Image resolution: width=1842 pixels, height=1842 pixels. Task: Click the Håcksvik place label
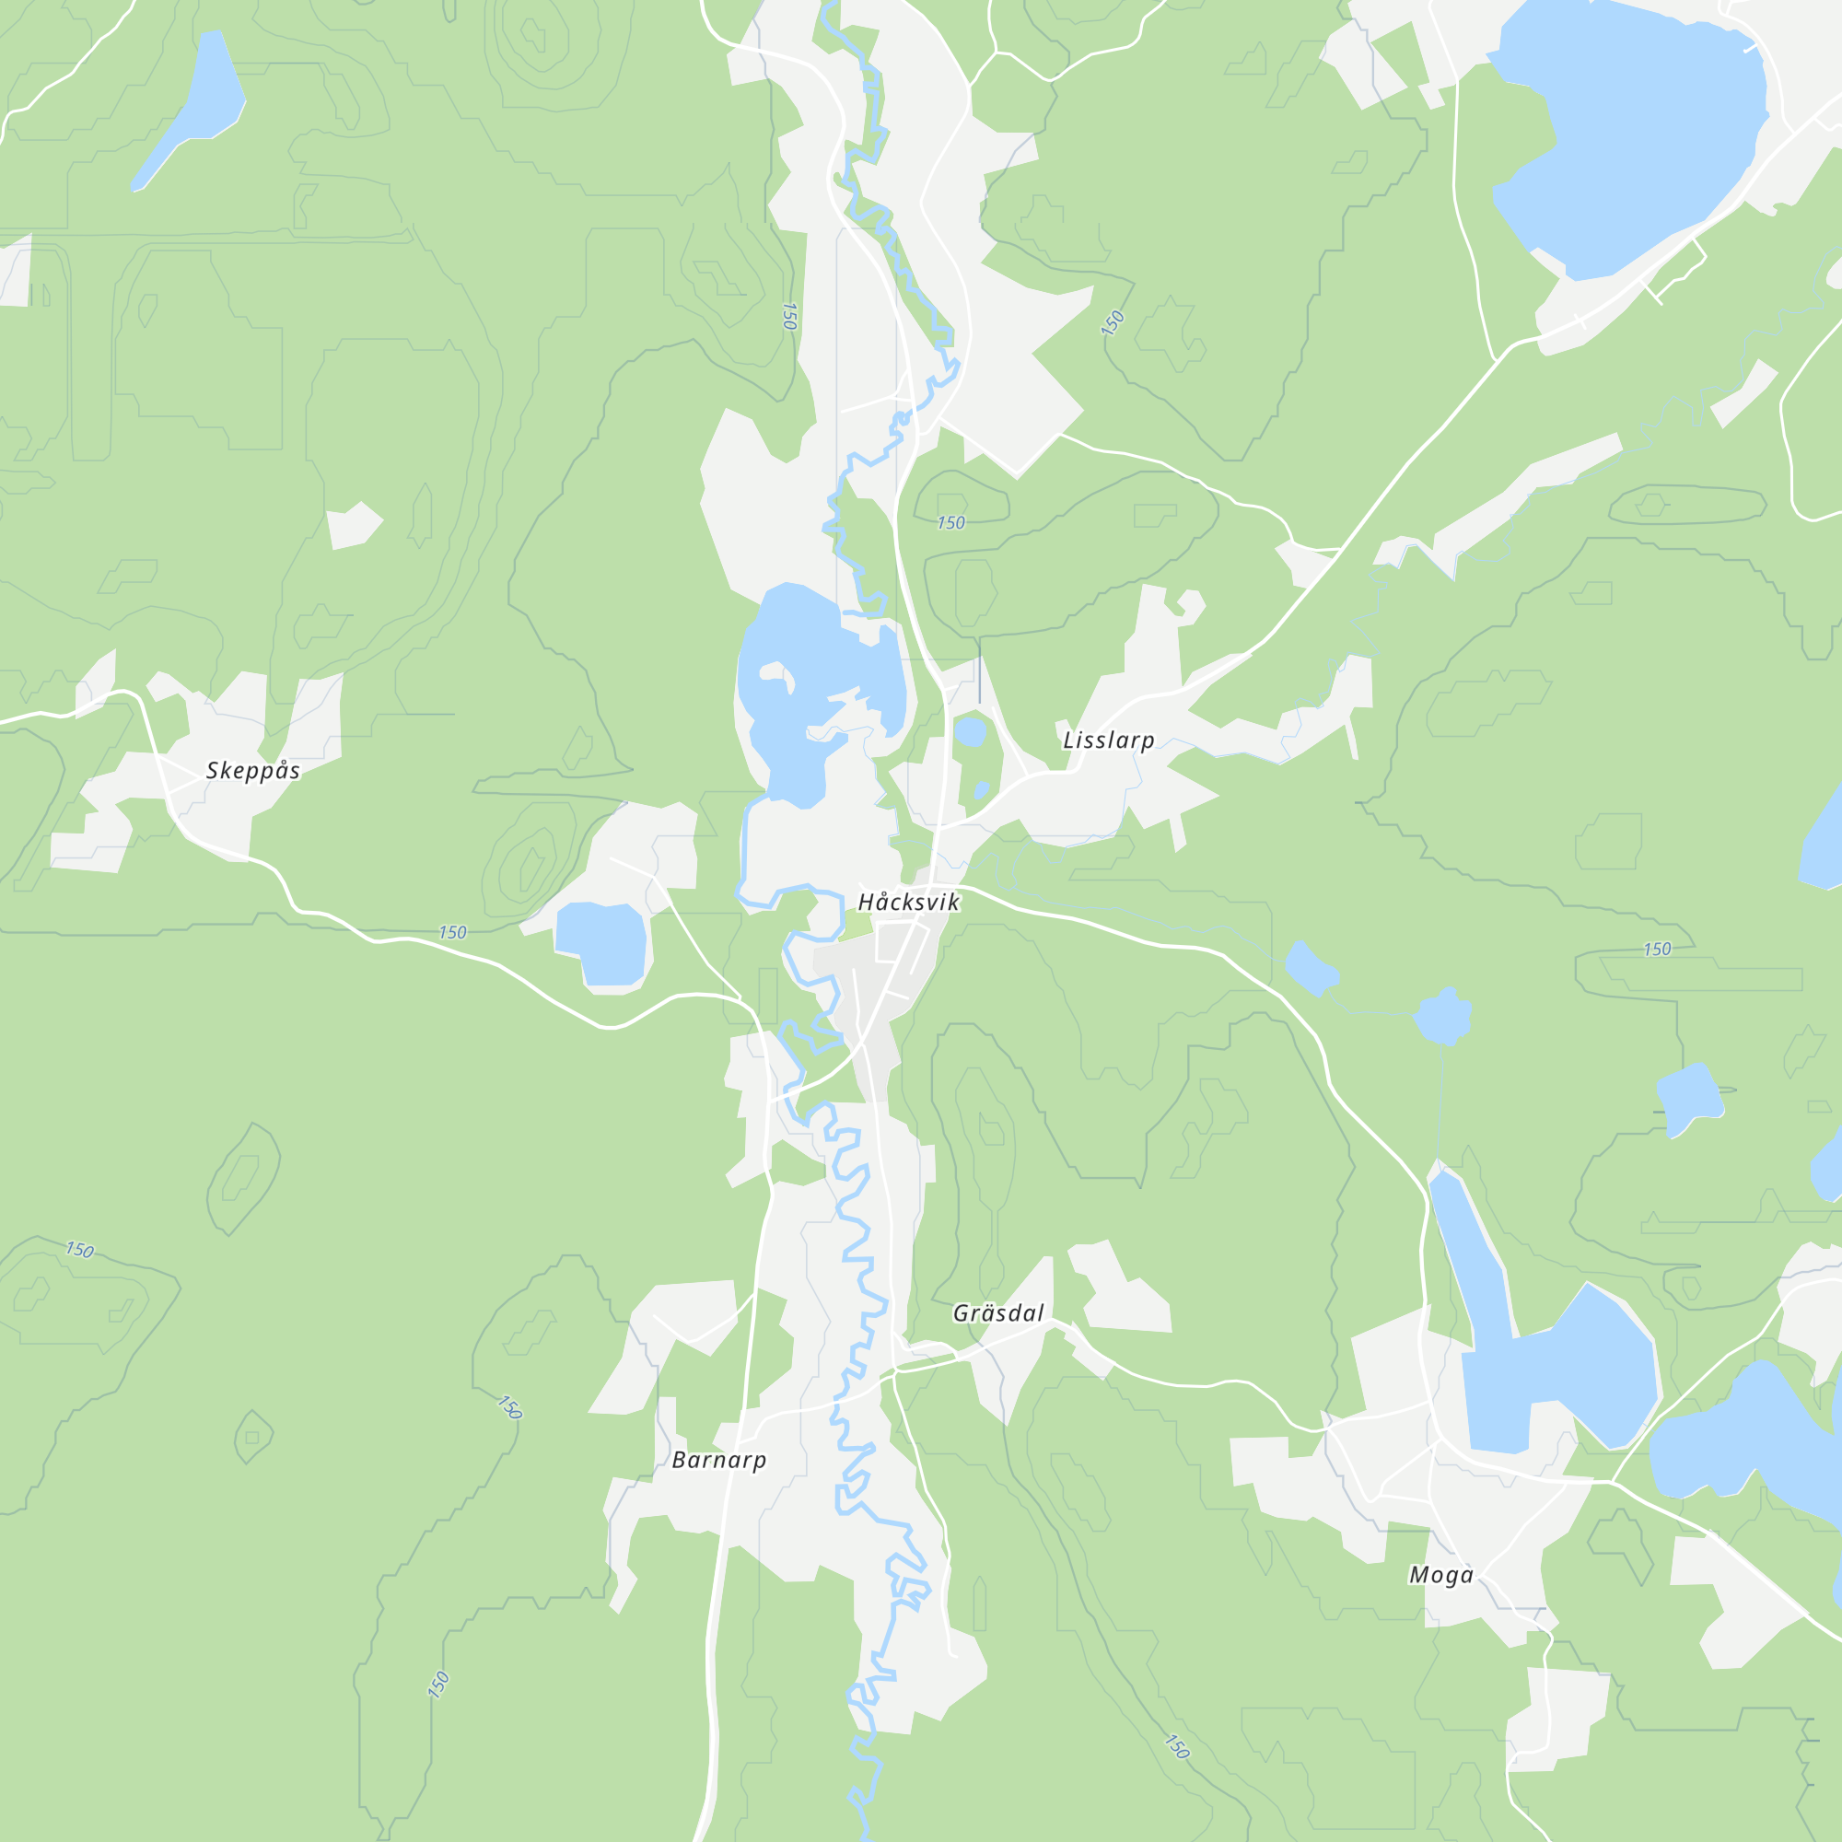pos(908,901)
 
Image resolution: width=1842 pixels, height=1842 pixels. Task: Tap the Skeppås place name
pos(252,770)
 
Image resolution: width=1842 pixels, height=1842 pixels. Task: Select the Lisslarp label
pos(1108,740)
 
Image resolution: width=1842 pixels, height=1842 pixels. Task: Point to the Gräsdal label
pos(998,1312)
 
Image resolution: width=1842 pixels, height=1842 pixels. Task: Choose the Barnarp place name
pos(719,1460)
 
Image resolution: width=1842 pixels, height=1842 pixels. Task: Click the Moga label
pos(1440,1574)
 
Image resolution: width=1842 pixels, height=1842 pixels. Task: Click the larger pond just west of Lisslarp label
pos(971,731)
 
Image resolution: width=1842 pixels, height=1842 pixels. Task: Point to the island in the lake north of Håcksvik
pos(777,675)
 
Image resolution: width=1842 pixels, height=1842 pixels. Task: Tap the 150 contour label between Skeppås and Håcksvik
pos(452,931)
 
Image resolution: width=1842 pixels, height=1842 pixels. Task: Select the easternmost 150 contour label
pos(1657,949)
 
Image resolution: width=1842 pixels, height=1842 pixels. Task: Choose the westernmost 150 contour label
pos(79,1249)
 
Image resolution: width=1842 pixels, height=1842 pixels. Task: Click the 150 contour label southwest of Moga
pos(1176,1746)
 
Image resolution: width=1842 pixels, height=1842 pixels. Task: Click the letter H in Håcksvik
pos(866,902)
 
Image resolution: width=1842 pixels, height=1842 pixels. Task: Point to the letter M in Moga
pos(1417,1575)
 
